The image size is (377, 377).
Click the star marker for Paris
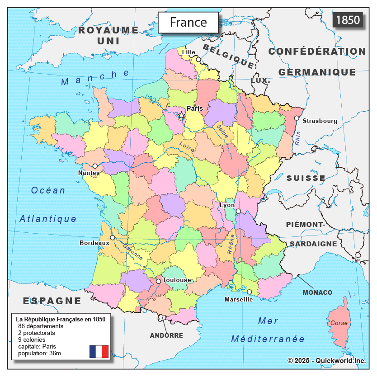pos(181,115)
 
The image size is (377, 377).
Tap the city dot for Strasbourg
pos(297,118)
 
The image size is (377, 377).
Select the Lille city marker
pos(198,59)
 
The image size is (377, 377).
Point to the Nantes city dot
pos(95,166)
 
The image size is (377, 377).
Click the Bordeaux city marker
pos(113,237)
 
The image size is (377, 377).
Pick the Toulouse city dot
pos(158,281)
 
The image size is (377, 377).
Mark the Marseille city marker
pos(249,292)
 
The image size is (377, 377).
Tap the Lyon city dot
pos(238,211)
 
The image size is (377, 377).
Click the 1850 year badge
pos(348,20)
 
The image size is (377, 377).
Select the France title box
pos(188,22)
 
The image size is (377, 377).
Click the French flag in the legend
pos(99,351)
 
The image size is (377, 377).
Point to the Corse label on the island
pos(339,323)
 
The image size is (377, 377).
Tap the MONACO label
pos(317,292)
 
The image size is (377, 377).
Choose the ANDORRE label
pos(166,335)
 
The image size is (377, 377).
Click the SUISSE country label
pos(306,178)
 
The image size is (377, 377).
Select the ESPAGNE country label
pos(52,301)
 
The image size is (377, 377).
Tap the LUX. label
pos(260,80)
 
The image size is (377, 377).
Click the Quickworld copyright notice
pos(326,360)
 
